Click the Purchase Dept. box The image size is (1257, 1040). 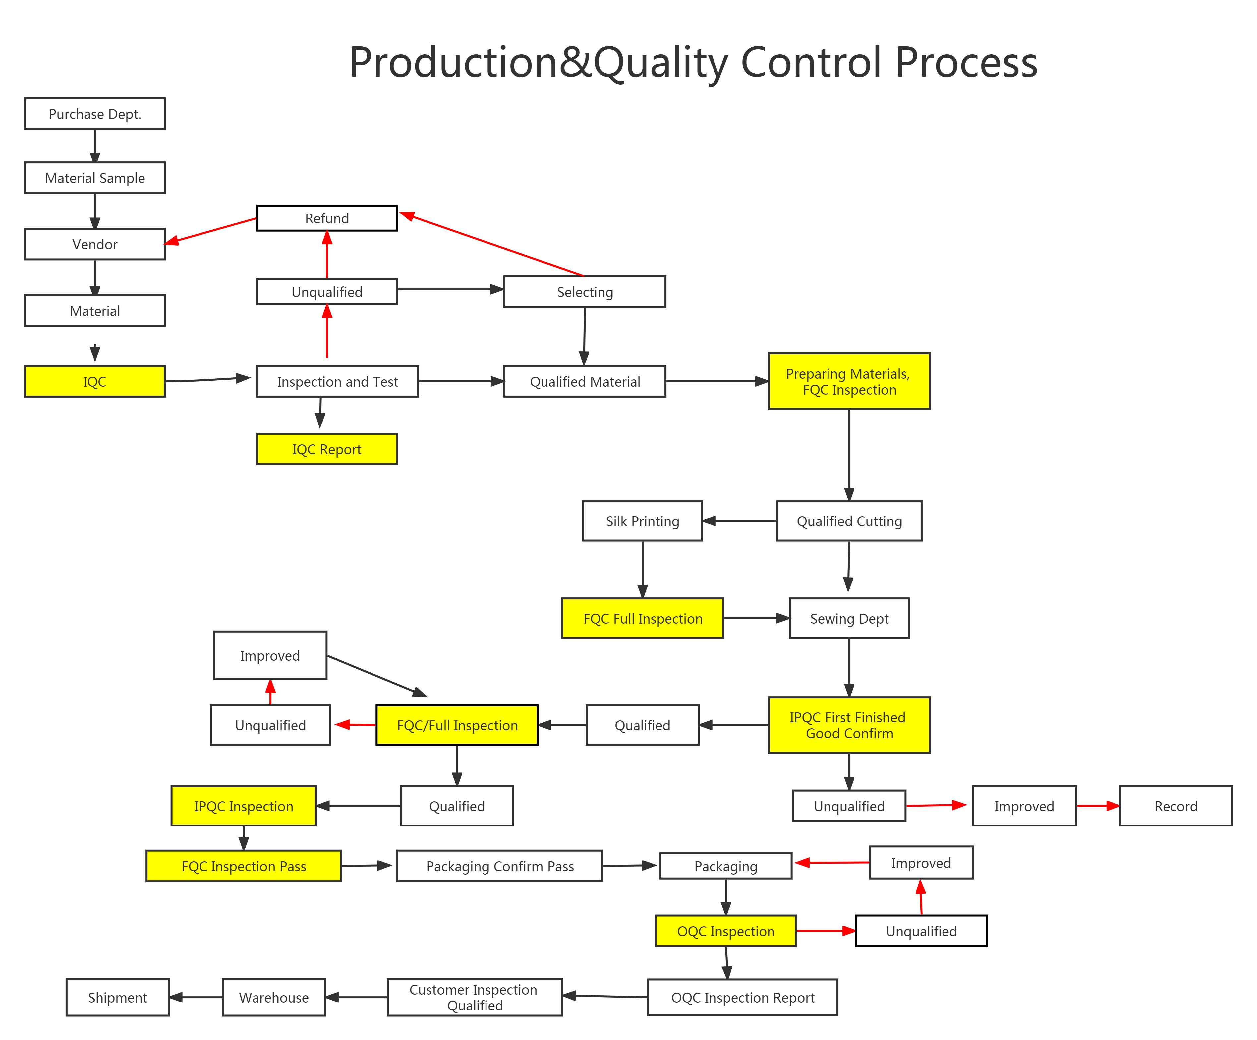tap(94, 114)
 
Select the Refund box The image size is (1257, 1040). tap(327, 218)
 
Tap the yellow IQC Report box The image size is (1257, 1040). tap(327, 449)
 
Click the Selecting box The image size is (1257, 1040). tap(585, 292)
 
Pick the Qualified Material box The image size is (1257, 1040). tap(585, 381)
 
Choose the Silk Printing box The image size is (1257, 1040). tap(642, 521)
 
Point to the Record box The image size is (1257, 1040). tap(1175, 806)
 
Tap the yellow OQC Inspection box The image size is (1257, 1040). tap(725, 931)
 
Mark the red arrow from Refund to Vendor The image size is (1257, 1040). tap(211, 230)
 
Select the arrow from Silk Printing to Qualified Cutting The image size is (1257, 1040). tap(739, 521)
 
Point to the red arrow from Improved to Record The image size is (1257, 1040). tap(1098, 806)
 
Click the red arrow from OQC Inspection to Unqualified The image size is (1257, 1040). tap(826, 931)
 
